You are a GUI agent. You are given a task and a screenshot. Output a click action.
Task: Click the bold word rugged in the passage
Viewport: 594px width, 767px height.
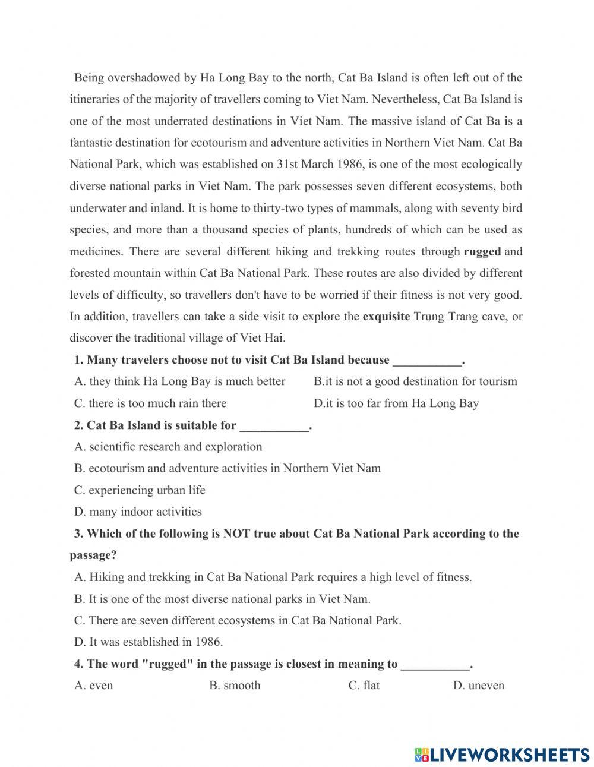pyautogui.click(x=482, y=251)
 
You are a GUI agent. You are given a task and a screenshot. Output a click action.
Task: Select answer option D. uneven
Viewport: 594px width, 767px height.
pyautogui.click(x=478, y=685)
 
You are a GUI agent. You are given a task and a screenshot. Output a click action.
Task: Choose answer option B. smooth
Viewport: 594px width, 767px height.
pyautogui.click(x=235, y=685)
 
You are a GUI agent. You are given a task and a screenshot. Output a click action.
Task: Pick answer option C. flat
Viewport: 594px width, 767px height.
pyautogui.click(x=364, y=685)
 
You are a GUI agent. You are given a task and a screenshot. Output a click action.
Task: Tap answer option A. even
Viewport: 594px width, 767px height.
pyautogui.click(x=93, y=685)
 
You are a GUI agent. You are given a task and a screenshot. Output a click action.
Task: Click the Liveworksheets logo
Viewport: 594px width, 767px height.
pyautogui.click(x=502, y=754)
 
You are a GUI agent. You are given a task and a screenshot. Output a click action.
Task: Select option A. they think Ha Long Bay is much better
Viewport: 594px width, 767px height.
pyautogui.click(x=179, y=381)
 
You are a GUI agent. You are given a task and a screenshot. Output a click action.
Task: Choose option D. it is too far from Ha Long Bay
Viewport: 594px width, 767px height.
pyautogui.click(x=396, y=403)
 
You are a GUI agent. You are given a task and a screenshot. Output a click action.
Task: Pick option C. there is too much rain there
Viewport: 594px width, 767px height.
pyautogui.click(x=150, y=403)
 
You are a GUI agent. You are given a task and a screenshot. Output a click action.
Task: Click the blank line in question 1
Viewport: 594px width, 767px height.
pyautogui.click(x=427, y=361)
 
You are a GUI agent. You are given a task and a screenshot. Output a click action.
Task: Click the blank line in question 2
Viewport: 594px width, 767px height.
pyautogui.click(x=274, y=426)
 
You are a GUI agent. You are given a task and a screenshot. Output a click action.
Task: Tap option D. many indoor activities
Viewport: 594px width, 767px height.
pyautogui.click(x=138, y=512)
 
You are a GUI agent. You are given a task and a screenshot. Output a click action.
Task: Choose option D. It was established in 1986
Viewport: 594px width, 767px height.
pyautogui.click(x=148, y=642)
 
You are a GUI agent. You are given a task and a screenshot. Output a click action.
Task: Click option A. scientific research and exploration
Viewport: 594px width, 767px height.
pyautogui.click(x=168, y=447)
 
